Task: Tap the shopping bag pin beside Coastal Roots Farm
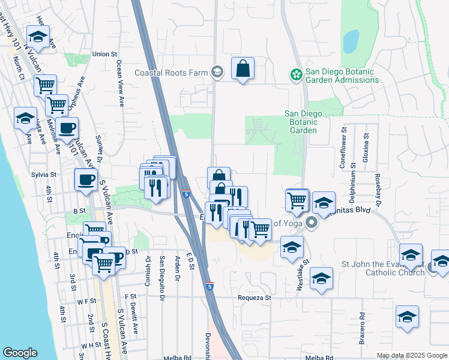242,70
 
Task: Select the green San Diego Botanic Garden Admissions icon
295,74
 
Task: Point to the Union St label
104,54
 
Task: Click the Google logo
20,353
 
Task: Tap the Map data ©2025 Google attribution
412,355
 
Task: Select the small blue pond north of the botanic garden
351,41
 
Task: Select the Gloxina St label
366,143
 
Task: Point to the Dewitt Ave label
136,319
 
